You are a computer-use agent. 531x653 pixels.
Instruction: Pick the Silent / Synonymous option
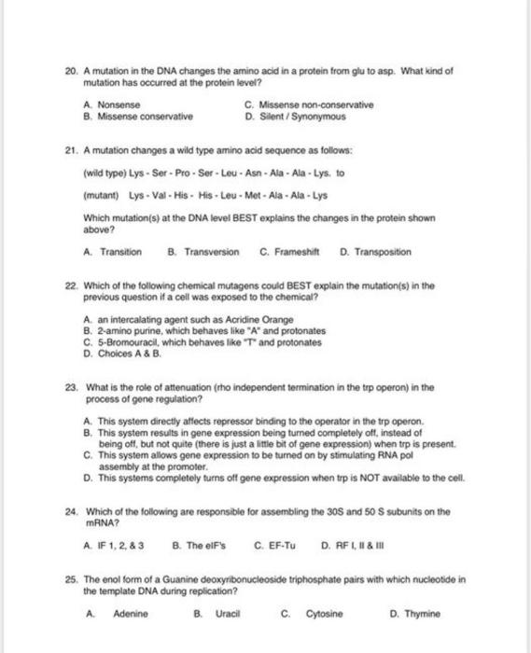(x=300, y=118)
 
